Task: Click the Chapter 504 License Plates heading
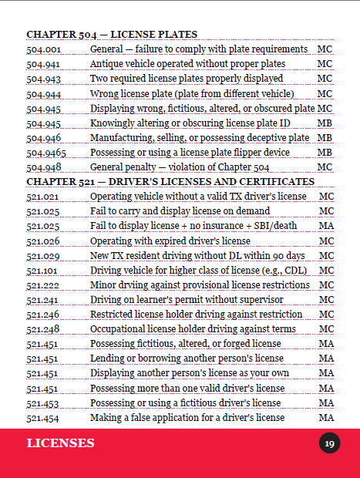112,34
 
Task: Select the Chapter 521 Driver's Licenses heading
170,181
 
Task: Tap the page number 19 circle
329,443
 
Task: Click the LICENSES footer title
61,443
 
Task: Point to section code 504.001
43,49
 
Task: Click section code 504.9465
47,152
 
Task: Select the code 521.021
43,197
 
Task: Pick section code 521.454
43,417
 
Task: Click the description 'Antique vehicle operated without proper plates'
187,63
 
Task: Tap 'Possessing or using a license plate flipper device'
190,152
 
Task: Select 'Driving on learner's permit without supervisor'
187,299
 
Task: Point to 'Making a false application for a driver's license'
187,417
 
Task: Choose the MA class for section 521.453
325,402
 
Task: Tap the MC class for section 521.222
325,284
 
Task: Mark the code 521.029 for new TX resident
43,255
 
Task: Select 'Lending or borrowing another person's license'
185,358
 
